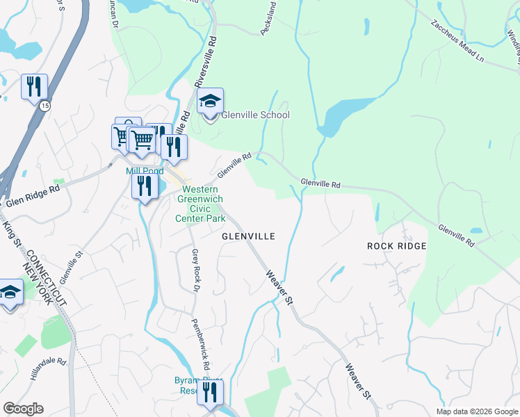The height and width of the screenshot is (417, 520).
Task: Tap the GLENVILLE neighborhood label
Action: click(248, 236)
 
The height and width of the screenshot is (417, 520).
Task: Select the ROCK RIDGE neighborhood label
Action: click(396, 246)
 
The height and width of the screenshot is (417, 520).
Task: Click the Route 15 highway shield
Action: click(44, 106)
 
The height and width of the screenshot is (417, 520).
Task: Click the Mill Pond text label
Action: click(145, 171)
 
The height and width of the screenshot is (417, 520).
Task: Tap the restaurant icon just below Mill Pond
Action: click(144, 186)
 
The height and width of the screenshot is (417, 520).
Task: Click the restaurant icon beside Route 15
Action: click(34, 88)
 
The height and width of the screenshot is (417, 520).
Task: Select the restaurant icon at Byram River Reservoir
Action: click(210, 393)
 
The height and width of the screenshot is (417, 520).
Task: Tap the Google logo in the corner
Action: click(23, 409)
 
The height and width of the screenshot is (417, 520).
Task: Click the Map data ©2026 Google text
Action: click(477, 411)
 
